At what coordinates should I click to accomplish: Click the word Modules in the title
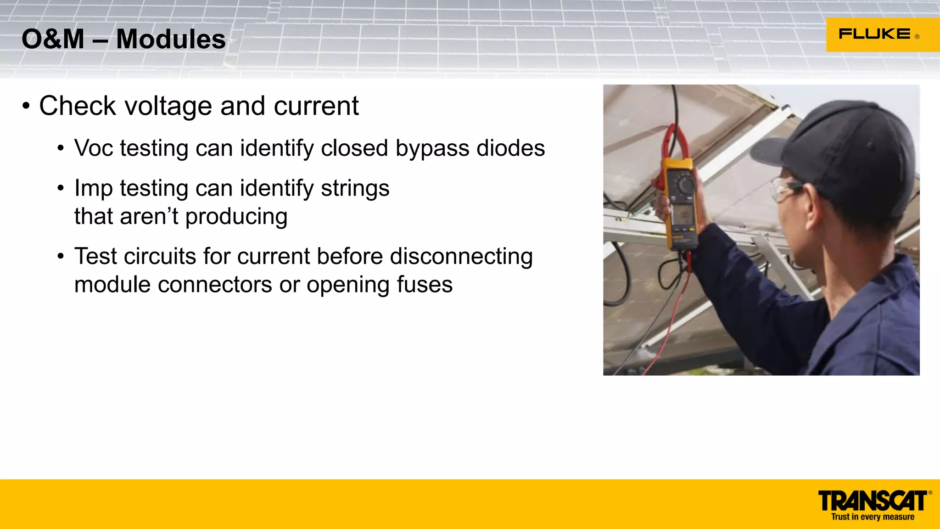[x=171, y=39]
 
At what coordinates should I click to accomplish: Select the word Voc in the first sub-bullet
[x=93, y=148]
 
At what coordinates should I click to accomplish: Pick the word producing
[x=236, y=217]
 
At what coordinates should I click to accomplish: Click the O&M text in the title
[x=53, y=39]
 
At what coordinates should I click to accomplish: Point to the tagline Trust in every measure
[x=873, y=517]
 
